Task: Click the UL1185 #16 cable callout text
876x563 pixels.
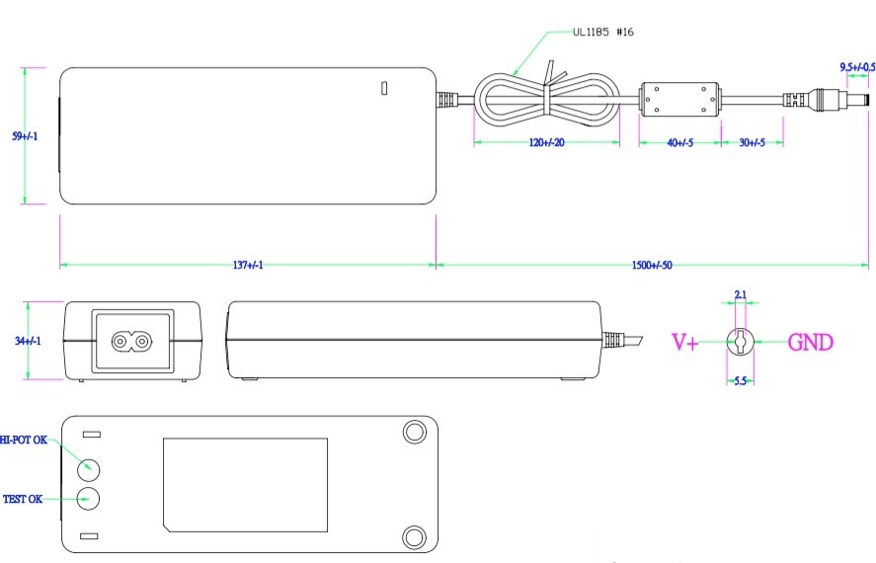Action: tap(602, 33)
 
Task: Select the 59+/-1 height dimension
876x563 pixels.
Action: tap(25, 136)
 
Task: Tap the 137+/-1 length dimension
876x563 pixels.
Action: tap(247, 266)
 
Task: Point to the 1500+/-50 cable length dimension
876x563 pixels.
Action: tap(652, 266)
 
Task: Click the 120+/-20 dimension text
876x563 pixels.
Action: tap(546, 143)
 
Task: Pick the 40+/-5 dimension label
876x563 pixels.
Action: tap(679, 143)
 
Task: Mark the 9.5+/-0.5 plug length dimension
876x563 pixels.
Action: tap(856, 67)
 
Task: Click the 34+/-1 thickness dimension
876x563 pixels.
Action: tap(27, 341)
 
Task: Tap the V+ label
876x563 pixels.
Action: tap(685, 343)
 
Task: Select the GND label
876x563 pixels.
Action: tap(810, 343)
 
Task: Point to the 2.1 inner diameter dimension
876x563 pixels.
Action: tap(741, 295)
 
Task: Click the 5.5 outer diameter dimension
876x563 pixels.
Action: tap(741, 379)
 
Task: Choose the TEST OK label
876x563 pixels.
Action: tap(23, 499)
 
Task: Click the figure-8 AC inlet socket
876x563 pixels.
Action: tap(132, 342)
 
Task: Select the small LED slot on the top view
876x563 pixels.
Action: tap(385, 88)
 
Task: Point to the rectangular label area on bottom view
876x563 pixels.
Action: tap(245, 484)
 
